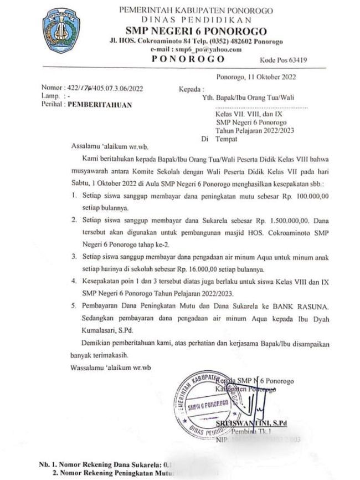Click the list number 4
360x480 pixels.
tap(74, 282)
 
